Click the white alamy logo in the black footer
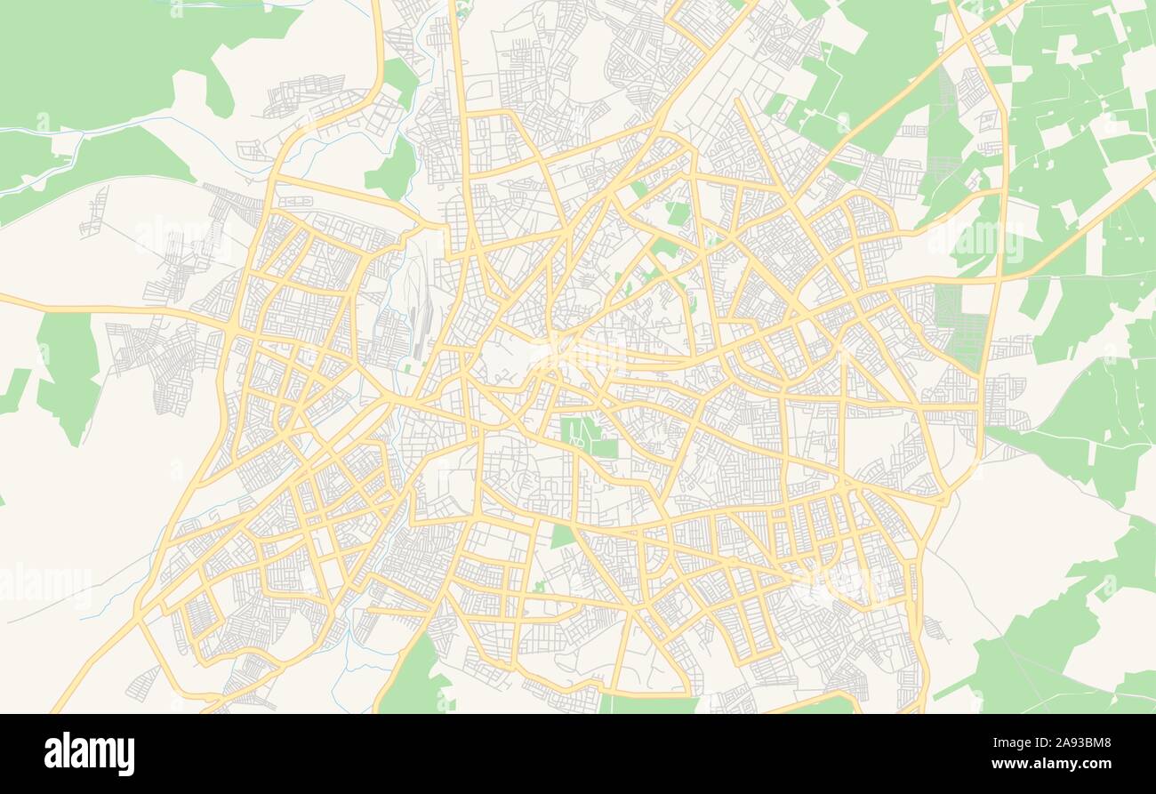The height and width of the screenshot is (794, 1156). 89,753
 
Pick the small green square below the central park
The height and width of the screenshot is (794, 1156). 562,536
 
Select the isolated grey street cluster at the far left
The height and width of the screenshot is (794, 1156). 93,213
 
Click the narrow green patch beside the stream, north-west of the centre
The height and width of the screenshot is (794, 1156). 392,169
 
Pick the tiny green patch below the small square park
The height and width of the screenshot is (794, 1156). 539,586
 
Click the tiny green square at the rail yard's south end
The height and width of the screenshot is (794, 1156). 408,367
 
